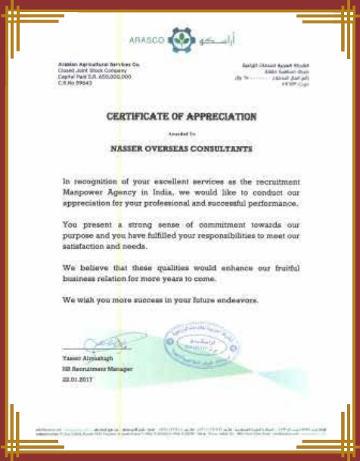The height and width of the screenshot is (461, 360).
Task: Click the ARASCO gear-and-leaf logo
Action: (x=178, y=38)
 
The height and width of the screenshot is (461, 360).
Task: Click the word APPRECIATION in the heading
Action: (x=218, y=117)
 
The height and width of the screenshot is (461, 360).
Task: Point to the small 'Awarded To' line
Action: (x=180, y=132)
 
